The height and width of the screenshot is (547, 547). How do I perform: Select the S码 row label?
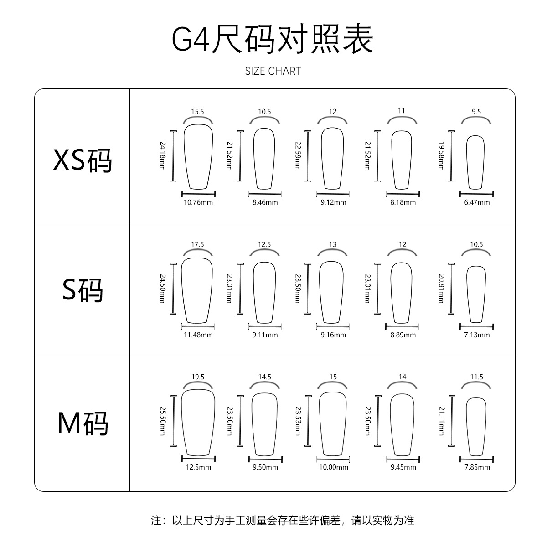[83, 290]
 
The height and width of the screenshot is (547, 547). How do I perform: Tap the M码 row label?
[83, 423]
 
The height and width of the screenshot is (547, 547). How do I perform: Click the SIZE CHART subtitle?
[273, 71]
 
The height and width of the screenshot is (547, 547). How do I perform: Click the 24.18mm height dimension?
[162, 156]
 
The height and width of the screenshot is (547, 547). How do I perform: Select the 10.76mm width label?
[198, 202]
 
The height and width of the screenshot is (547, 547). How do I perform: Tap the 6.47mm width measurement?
[477, 202]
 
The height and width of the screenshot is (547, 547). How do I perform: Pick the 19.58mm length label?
[441, 156]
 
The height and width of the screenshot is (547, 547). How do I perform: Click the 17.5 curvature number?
[197, 244]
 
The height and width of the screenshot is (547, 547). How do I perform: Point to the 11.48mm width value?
[198, 335]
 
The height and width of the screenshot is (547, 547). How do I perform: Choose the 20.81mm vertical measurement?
[441, 288]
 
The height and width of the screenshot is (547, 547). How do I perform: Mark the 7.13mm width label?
[477, 335]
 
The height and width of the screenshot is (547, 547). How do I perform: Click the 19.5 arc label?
[198, 377]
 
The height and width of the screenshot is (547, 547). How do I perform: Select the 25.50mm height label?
[162, 420]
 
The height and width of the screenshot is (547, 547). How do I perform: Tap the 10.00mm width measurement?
[334, 467]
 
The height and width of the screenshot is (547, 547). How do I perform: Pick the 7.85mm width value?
[477, 467]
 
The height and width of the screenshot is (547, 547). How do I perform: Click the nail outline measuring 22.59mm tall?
[332, 158]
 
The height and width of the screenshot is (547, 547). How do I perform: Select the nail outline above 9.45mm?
[402, 424]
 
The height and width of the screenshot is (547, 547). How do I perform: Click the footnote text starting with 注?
[283, 520]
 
